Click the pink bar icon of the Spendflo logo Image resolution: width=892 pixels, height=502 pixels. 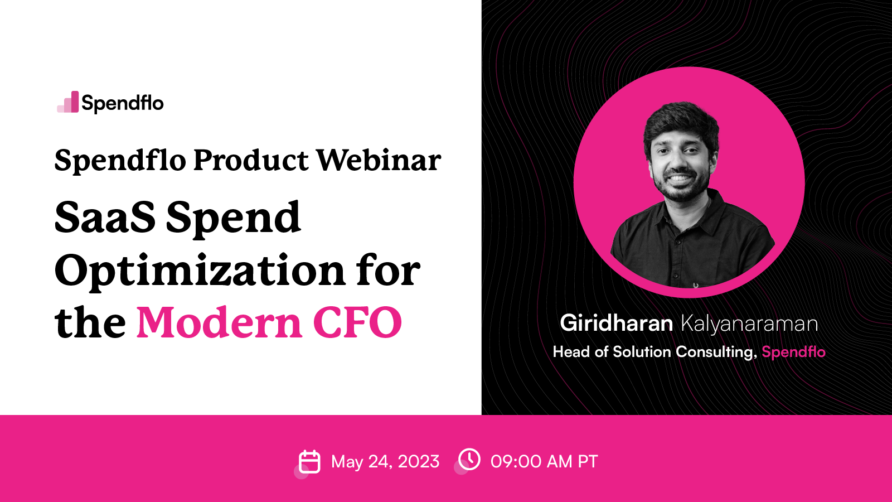click(x=69, y=103)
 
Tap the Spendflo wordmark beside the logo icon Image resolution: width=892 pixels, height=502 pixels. click(x=123, y=103)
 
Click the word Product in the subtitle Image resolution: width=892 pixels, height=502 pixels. click(x=251, y=161)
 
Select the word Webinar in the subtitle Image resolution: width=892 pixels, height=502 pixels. click(x=379, y=161)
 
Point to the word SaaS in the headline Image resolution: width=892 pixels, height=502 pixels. click(x=105, y=218)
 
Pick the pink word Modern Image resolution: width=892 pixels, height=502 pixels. click(x=220, y=323)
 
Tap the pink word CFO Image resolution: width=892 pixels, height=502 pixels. click(x=357, y=323)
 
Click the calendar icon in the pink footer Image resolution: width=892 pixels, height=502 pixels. click(x=309, y=462)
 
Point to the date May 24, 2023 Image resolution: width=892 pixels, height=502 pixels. click(x=385, y=462)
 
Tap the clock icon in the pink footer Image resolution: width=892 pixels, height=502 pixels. click(x=469, y=460)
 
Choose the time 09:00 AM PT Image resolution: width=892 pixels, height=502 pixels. click(x=544, y=462)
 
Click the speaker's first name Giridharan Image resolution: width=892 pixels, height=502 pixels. click(x=616, y=324)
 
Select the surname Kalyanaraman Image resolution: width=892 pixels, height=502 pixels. click(x=749, y=324)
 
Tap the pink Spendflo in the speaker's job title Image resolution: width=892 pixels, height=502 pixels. click(x=793, y=352)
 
